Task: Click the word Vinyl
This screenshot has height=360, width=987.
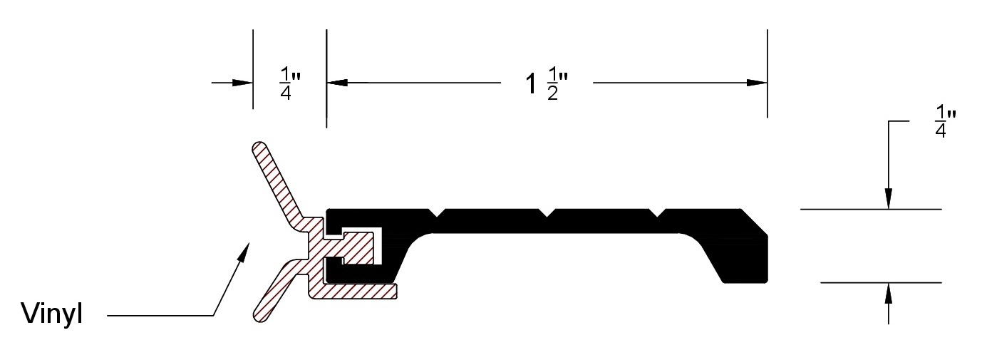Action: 52,313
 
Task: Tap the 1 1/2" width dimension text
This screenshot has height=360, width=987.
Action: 547,84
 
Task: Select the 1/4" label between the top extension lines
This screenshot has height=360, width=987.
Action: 290,83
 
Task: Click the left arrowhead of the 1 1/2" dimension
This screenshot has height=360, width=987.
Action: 337,83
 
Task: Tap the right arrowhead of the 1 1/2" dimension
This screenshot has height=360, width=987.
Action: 757,83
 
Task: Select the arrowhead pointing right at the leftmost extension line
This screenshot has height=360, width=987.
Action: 242,83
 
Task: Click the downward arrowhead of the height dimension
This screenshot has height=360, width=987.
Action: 888,199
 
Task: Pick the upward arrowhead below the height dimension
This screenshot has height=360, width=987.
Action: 888,293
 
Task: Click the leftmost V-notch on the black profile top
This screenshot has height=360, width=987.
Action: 437,212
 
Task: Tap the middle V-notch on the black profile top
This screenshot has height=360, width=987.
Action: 547,212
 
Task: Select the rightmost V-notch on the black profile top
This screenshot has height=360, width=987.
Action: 657,212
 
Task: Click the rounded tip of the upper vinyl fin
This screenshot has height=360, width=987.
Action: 259,148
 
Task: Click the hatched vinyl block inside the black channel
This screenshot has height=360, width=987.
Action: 358,248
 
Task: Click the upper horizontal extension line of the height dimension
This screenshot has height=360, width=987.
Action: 871,210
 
